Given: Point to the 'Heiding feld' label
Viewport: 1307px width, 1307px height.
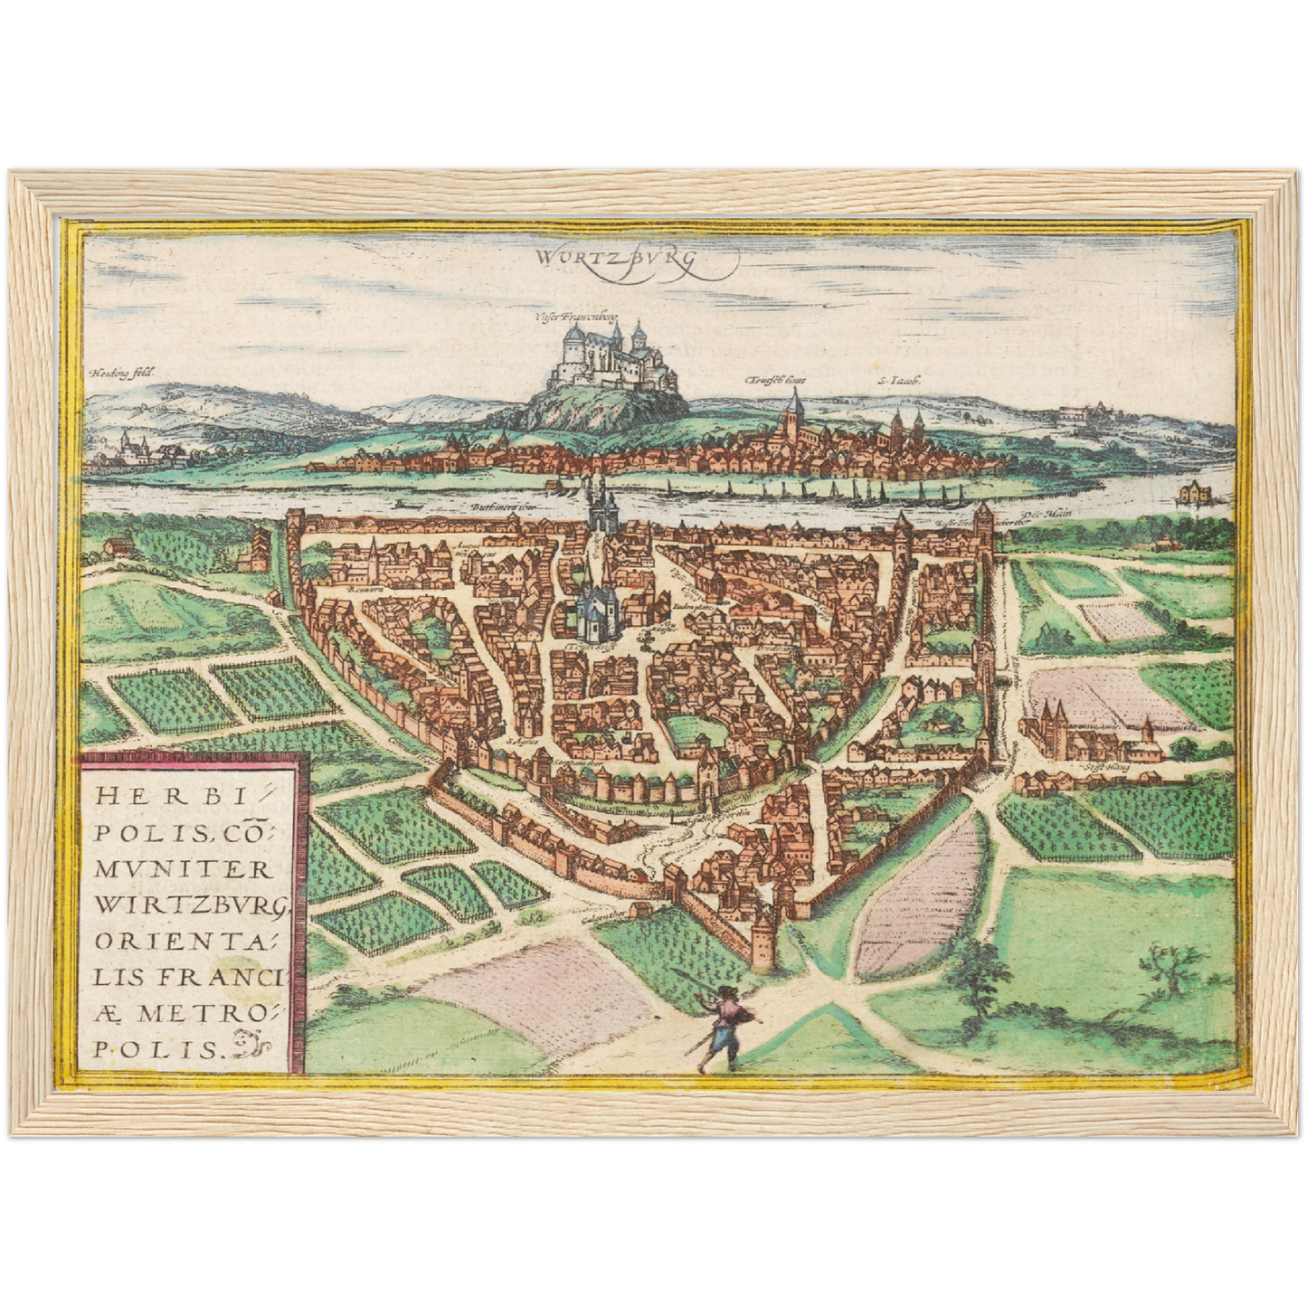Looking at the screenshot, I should [123, 372].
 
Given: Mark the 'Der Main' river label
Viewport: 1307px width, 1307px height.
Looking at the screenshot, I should [1051, 514].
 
